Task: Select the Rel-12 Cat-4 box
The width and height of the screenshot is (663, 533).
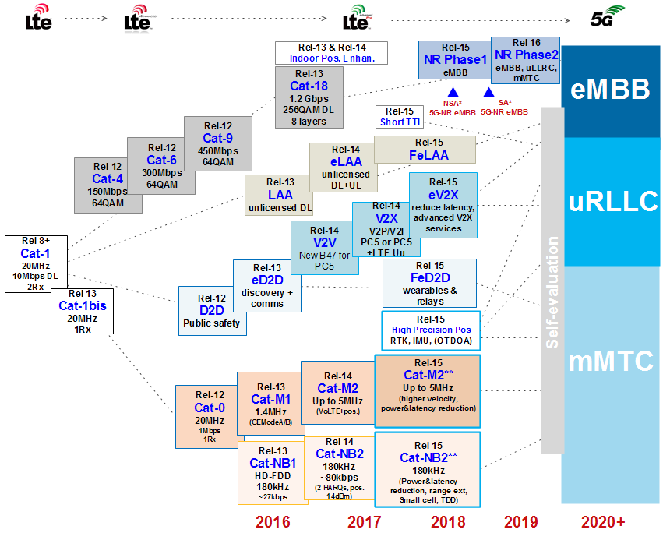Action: [x=109, y=185]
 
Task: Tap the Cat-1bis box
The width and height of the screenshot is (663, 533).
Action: [x=82, y=311]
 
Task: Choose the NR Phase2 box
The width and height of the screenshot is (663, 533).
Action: [x=526, y=59]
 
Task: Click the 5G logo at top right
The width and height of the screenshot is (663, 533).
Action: [x=606, y=16]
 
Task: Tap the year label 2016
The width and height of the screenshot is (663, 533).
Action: [x=273, y=521]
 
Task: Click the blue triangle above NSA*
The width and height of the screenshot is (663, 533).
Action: [x=453, y=92]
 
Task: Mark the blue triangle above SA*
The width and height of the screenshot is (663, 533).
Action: [x=488, y=92]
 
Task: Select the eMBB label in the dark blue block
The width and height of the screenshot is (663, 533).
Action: [x=609, y=90]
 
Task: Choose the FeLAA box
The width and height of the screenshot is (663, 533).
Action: [x=425, y=149]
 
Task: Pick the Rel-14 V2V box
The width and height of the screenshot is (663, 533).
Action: [x=324, y=245]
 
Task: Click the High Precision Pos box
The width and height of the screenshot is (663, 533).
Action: [x=431, y=330]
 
